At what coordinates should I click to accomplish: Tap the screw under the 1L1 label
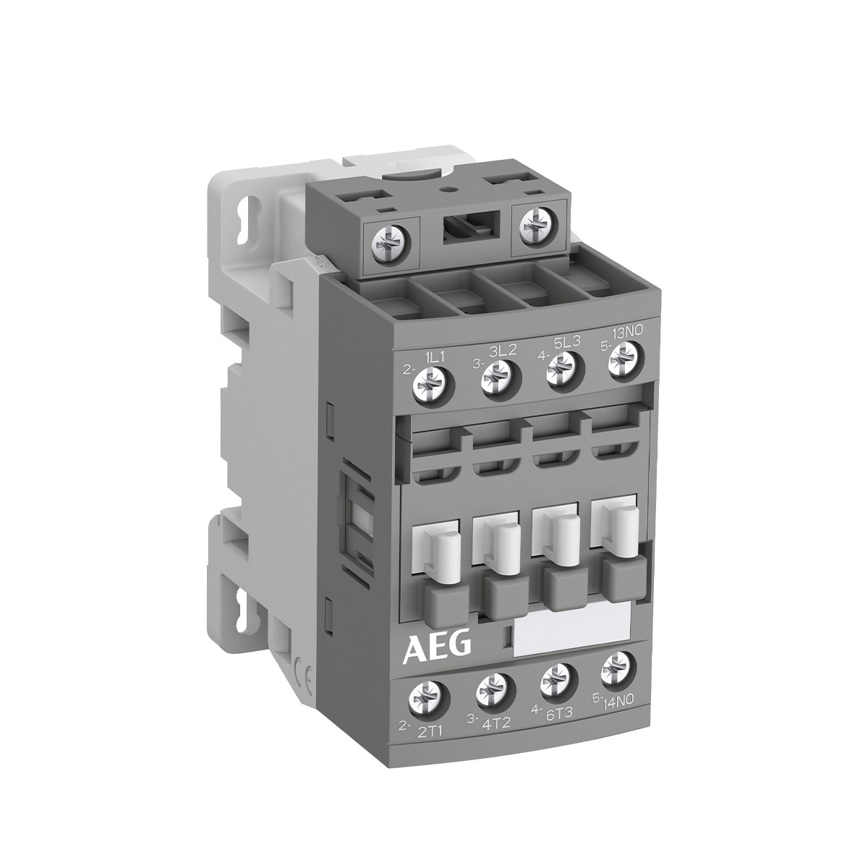point(427,381)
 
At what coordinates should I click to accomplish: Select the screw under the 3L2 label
point(497,373)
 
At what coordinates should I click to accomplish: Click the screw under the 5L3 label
point(560,365)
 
